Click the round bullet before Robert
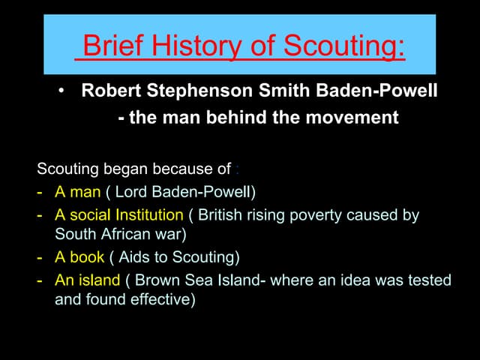point(62,92)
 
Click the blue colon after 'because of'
point(237,169)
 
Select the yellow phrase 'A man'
point(78,192)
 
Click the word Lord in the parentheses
point(130,192)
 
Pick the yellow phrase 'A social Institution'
point(118,215)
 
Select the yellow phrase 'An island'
point(87,280)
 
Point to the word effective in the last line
point(163,298)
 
